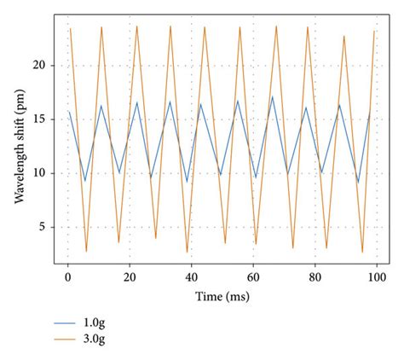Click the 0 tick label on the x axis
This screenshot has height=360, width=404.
point(68,277)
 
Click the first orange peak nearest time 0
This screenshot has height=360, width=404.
point(70,29)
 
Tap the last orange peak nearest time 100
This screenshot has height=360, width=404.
point(374,32)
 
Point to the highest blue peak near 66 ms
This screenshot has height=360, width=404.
point(273,96)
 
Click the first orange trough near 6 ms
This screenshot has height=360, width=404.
point(86,251)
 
